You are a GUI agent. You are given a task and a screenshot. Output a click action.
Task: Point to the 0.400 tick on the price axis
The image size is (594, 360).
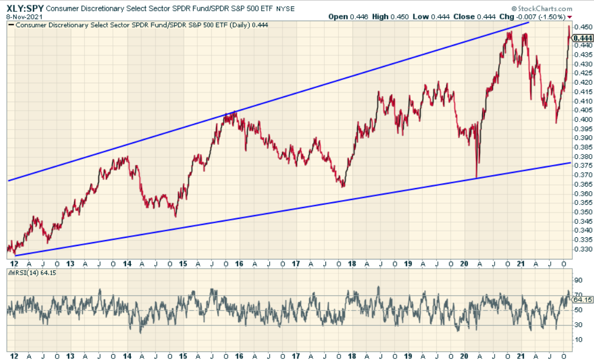pos(582,119)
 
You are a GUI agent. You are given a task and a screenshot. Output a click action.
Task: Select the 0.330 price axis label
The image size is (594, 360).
pos(582,249)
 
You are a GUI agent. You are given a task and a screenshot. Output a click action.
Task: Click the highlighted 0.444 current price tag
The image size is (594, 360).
pos(583,38)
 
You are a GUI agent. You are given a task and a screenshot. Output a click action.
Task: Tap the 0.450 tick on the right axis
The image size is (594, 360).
pos(582,27)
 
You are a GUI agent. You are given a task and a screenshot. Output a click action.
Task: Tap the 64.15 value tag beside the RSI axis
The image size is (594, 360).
pos(582,299)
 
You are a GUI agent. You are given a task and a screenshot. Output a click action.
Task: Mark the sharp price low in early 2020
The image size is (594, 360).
pos(477,177)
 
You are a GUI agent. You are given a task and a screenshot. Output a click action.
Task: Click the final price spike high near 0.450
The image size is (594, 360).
pos(569,26)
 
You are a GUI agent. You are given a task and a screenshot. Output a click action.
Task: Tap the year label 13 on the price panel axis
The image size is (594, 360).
pos(70,264)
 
